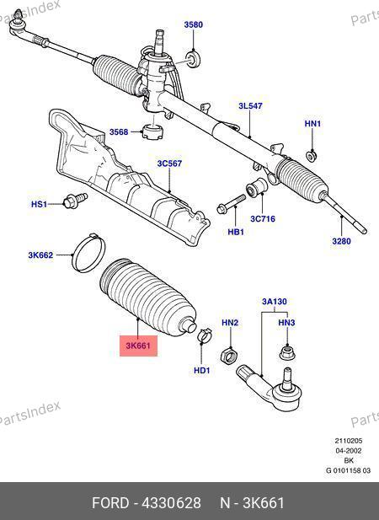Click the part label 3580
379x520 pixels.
194,24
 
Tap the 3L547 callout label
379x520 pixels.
250,106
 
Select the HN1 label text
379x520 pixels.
312,124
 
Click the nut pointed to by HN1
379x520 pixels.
311,156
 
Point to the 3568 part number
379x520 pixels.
119,131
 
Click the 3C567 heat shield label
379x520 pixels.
169,164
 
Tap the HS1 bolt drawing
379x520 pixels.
75,200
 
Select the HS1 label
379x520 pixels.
39,204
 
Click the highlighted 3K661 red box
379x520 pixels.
138,346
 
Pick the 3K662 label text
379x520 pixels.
40,255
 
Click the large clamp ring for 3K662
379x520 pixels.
88,254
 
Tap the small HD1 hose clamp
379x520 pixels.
205,335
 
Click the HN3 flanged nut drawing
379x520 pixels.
287,353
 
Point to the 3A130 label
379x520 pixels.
275,302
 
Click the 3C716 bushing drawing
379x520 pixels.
257,188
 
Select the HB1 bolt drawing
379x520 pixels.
232,204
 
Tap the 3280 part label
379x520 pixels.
341,241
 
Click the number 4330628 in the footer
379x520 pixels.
171,503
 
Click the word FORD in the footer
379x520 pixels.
110,503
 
